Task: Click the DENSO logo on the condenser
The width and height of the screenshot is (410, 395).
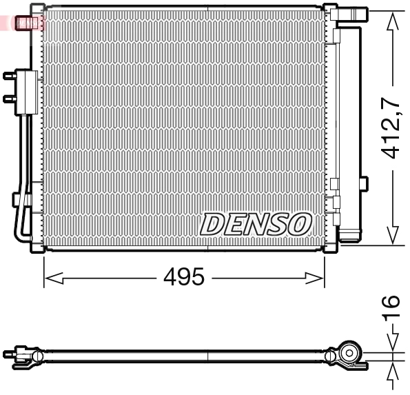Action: pyautogui.click(x=256, y=223)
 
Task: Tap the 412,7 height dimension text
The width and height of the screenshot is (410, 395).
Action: pyautogui.click(x=392, y=128)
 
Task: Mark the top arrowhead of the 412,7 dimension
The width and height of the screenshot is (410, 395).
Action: pyautogui.click(x=393, y=21)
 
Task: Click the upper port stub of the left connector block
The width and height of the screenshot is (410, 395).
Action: pyautogui.click(x=9, y=77)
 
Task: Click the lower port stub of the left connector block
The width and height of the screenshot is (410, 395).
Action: pyautogui.click(x=9, y=97)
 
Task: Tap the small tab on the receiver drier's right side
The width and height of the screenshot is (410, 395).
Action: pyautogui.click(x=365, y=183)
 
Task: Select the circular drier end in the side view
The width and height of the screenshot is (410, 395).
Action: pyautogui.click(x=349, y=355)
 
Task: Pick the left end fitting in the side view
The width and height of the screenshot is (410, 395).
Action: pyautogui.click(x=21, y=355)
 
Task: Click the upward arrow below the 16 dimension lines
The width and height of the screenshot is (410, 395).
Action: pyautogui.click(x=393, y=373)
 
